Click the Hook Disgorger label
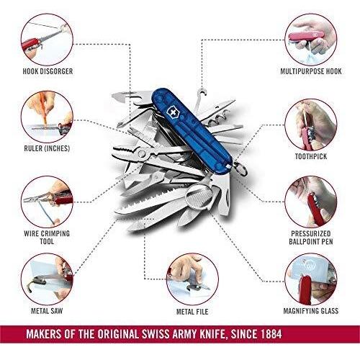point(46,71)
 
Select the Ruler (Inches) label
point(46,150)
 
